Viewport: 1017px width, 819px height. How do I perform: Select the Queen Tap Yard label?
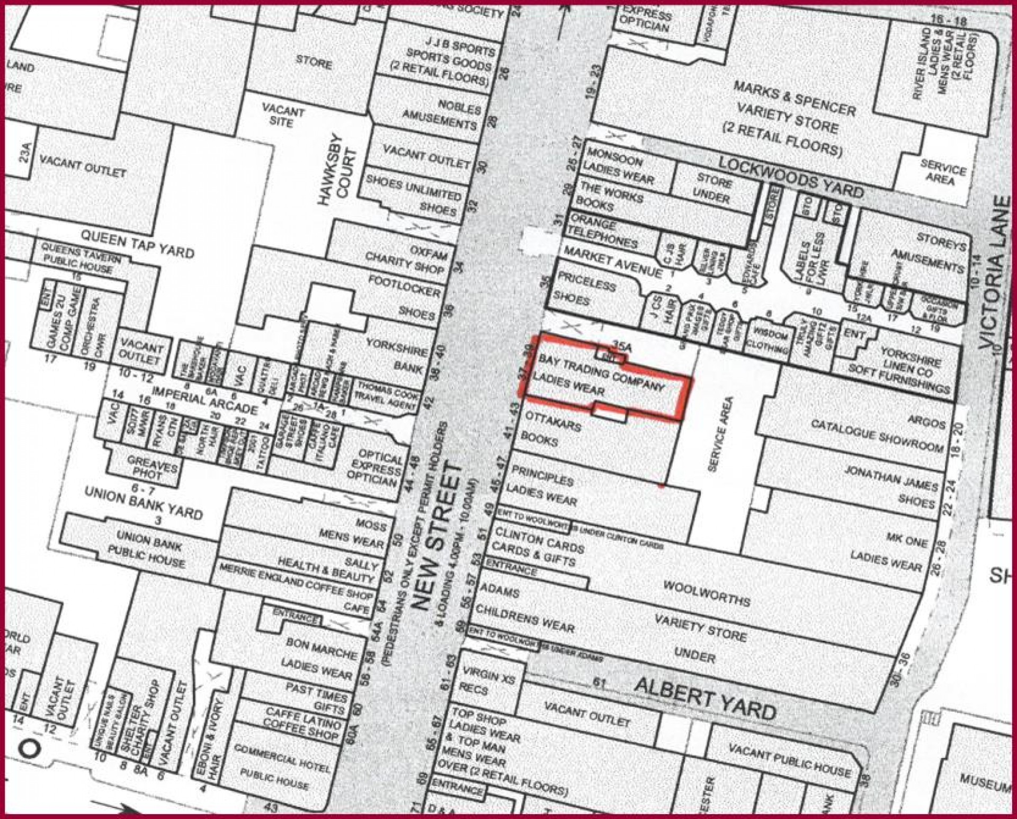coord(137,244)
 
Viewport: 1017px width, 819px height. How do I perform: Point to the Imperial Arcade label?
coord(204,399)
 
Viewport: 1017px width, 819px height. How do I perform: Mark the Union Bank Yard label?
coord(143,503)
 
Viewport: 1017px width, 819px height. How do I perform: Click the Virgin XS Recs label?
coord(487,682)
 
